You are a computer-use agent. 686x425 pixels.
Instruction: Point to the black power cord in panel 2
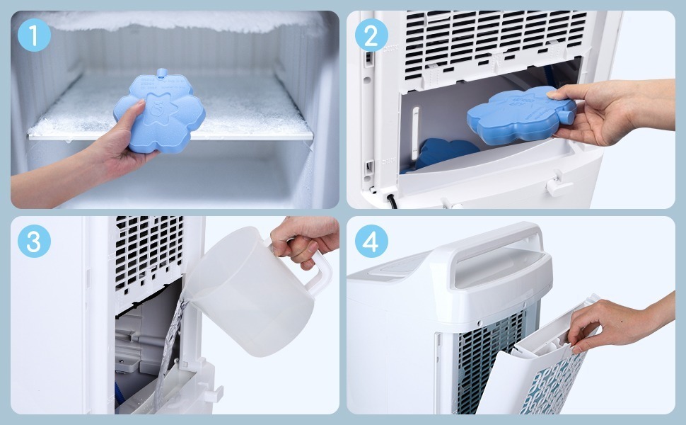pyautogui.click(x=390, y=200)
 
